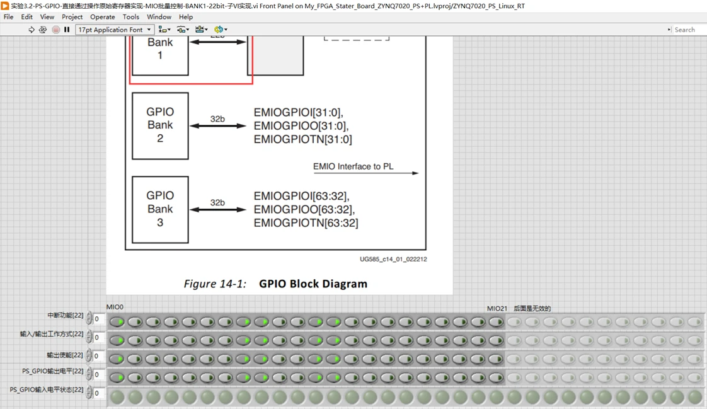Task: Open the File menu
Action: click(x=8, y=17)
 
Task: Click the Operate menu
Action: click(x=102, y=17)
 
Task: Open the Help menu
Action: click(x=185, y=17)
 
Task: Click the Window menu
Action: click(x=159, y=17)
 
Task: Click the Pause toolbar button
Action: click(x=67, y=30)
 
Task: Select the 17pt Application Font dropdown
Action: click(x=114, y=30)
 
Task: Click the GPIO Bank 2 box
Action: click(x=160, y=125)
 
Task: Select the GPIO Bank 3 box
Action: click(x=160, y=209)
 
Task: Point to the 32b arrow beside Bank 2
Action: click(x=217, y=125)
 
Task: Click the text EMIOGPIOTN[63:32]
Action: click(x=306, y=223)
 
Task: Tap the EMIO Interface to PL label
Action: click(x=353, y=166)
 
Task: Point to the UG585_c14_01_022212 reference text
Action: click(x=393, y=259)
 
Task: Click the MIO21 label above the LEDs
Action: click(x=497, y=309)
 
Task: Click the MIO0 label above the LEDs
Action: click(x=115, y=307)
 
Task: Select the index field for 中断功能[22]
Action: click(x=100, y=319)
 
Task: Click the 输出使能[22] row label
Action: click(x=65, y=355)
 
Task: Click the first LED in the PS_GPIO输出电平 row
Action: click(x=117, y=377)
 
